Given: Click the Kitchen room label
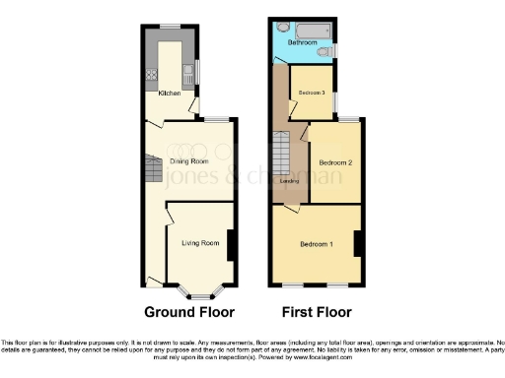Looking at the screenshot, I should pos(169,94).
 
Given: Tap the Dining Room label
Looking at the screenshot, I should pos(189,159).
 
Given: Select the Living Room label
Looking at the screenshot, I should pos(200,241).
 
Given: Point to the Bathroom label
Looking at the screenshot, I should pos(301,43).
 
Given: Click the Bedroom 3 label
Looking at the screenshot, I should pos(311,93).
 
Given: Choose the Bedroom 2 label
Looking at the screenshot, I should pos(335,160).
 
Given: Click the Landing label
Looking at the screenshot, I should pos(290,180).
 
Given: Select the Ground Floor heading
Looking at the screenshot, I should pos(189,313).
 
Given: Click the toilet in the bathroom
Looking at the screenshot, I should pos(326,48).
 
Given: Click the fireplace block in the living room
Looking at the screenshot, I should pos(230,244).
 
